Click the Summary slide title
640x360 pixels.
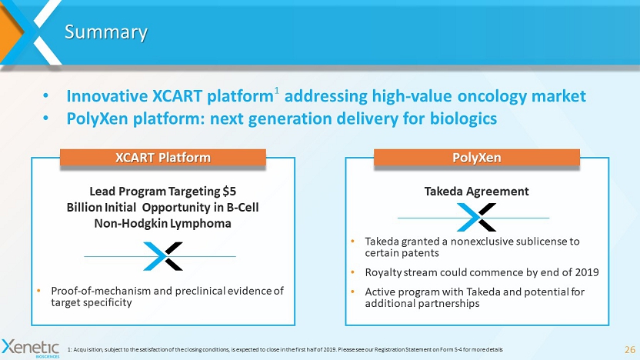(x=106, y=32)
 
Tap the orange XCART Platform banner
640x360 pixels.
(x=163, y=158)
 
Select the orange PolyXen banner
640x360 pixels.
(x=477, y=158)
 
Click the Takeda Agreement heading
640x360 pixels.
(x=477, y=191)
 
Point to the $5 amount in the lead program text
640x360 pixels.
(x=229, y=191)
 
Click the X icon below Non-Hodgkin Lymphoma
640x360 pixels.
(x=163, y=256)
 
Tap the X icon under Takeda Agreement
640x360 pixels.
(x=476, y=217)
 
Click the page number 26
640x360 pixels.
(x=630, y=349)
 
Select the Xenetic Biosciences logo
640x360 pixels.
(x=31, y=348)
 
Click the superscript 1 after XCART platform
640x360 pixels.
(x=276, y=90)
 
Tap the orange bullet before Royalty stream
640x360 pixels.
(x=353, y=272)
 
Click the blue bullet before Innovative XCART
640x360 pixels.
(x=45, y=96)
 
